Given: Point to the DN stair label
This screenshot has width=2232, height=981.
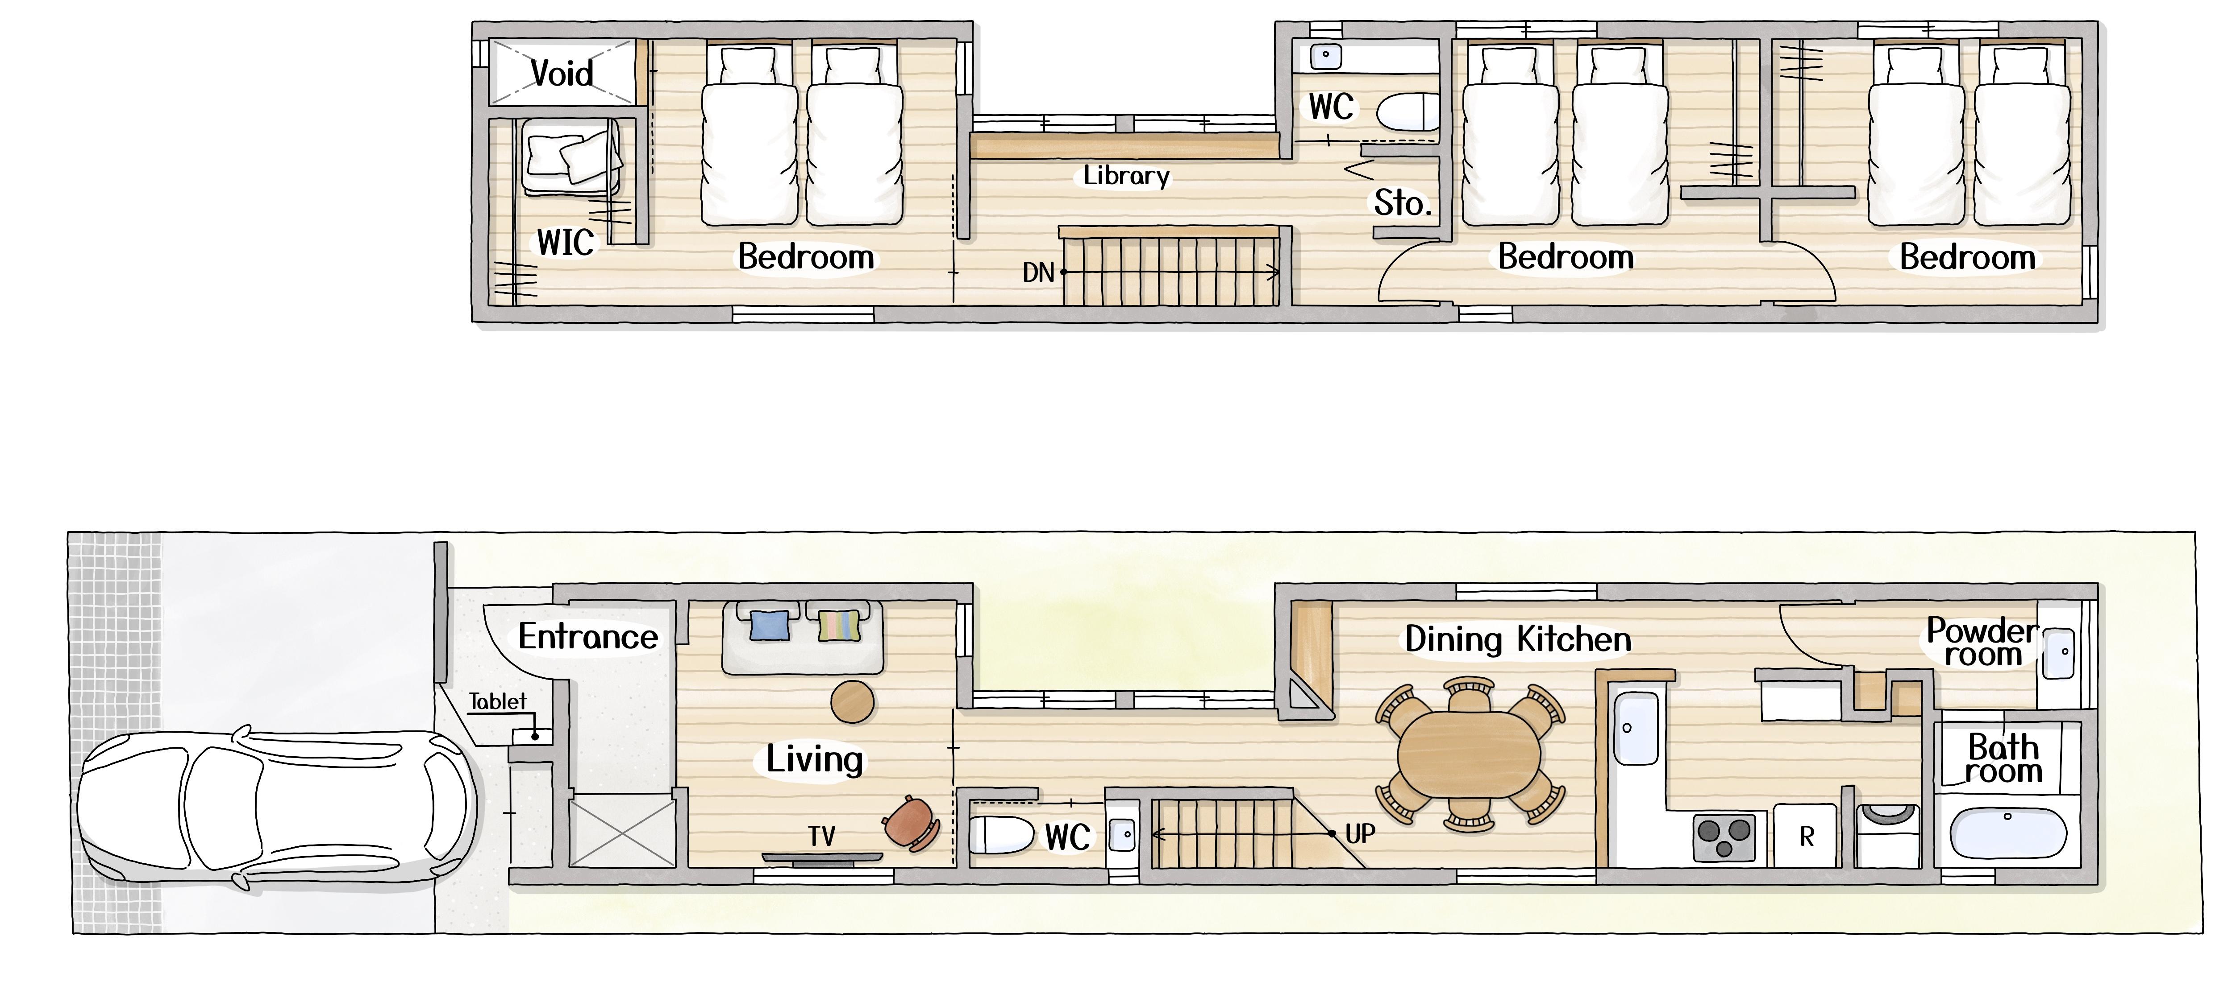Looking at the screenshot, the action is point(1038,273).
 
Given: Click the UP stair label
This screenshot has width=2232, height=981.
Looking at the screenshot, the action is point(1360,834).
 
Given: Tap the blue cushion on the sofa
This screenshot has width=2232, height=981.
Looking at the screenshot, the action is point(770,625).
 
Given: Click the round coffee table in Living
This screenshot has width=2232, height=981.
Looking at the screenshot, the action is point(853,701).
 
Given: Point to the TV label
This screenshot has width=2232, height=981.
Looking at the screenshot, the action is point(821,837).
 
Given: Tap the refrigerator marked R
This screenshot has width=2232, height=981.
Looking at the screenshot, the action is point(1806,836).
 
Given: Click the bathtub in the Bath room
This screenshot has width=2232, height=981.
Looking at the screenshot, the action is point(2007,833).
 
